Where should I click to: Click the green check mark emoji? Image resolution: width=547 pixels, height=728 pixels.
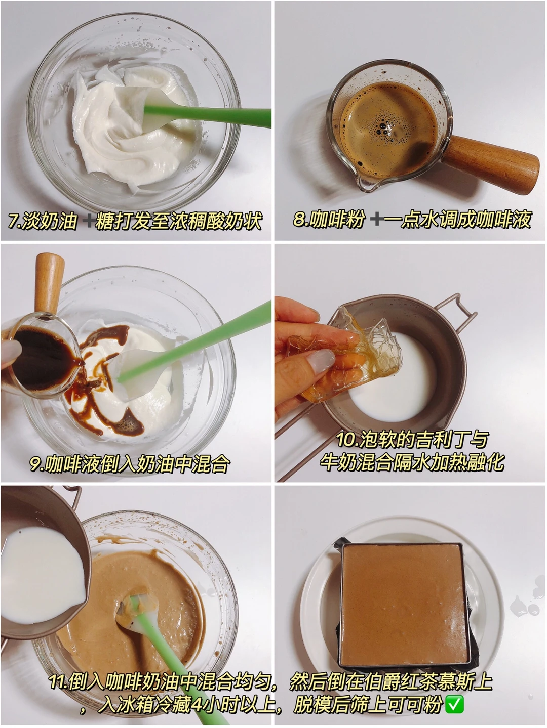pos(454,704)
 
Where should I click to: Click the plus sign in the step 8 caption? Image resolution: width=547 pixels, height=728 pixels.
pos(377,219)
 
